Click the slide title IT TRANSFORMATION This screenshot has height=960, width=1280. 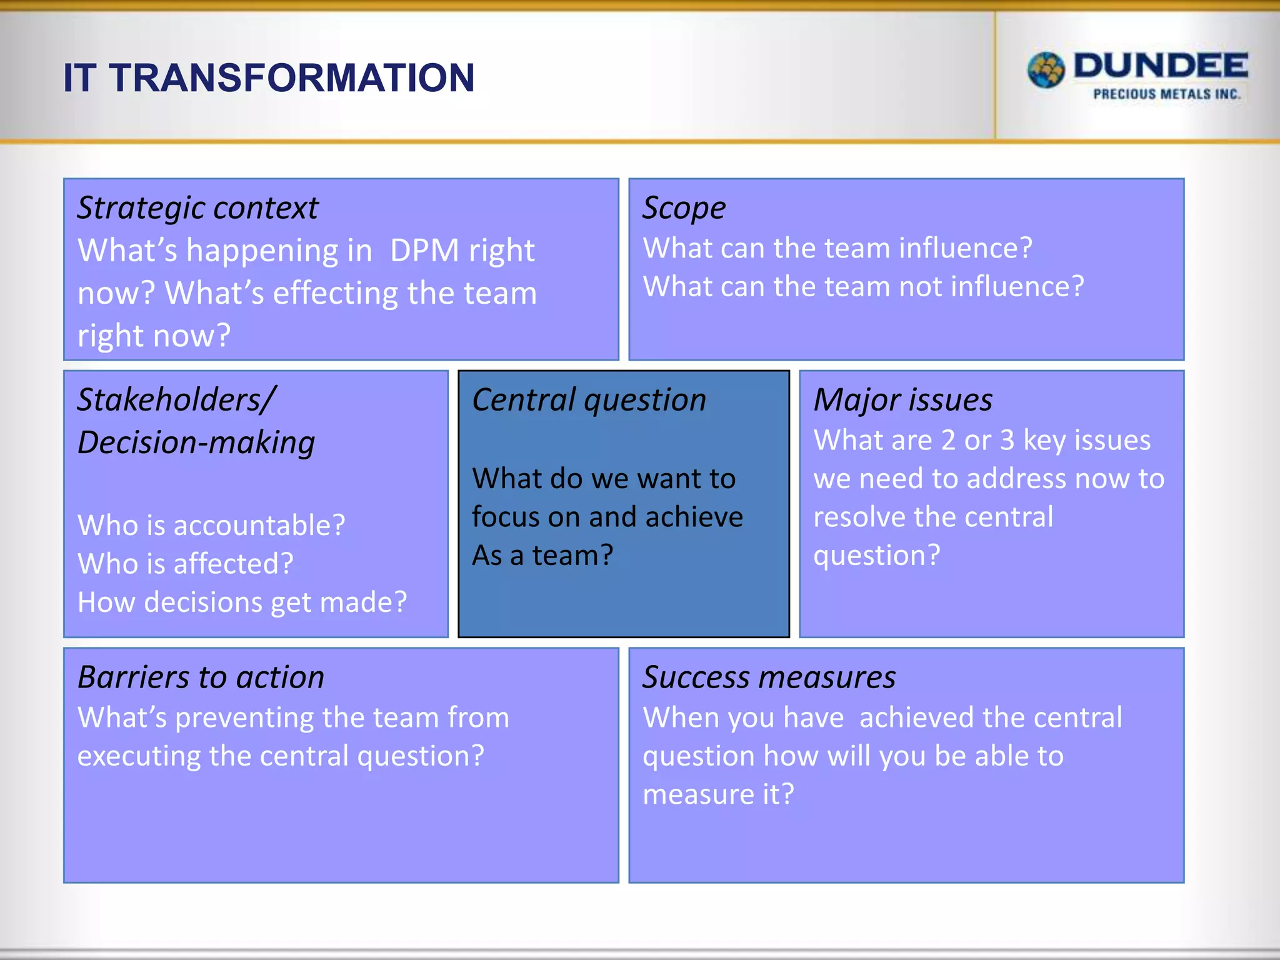269,78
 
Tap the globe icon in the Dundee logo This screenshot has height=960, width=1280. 1046,70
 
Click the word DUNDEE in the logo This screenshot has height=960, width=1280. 1161,66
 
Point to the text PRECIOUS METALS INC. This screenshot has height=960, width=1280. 1166,94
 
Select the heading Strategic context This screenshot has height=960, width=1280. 197,208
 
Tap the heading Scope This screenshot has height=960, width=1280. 684,208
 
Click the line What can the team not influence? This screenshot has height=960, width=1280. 863,287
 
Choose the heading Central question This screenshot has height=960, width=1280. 589,400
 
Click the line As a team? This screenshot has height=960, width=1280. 542,555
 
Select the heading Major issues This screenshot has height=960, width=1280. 902,400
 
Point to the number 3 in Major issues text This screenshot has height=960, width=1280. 1007,441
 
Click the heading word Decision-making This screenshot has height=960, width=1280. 196,442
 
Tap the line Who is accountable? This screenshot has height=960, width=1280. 211,526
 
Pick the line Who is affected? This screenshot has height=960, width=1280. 186,564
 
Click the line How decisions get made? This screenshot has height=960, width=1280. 242,602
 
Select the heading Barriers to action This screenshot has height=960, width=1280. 201,677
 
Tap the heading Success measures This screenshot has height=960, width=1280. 769,677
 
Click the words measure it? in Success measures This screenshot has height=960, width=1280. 718,794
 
